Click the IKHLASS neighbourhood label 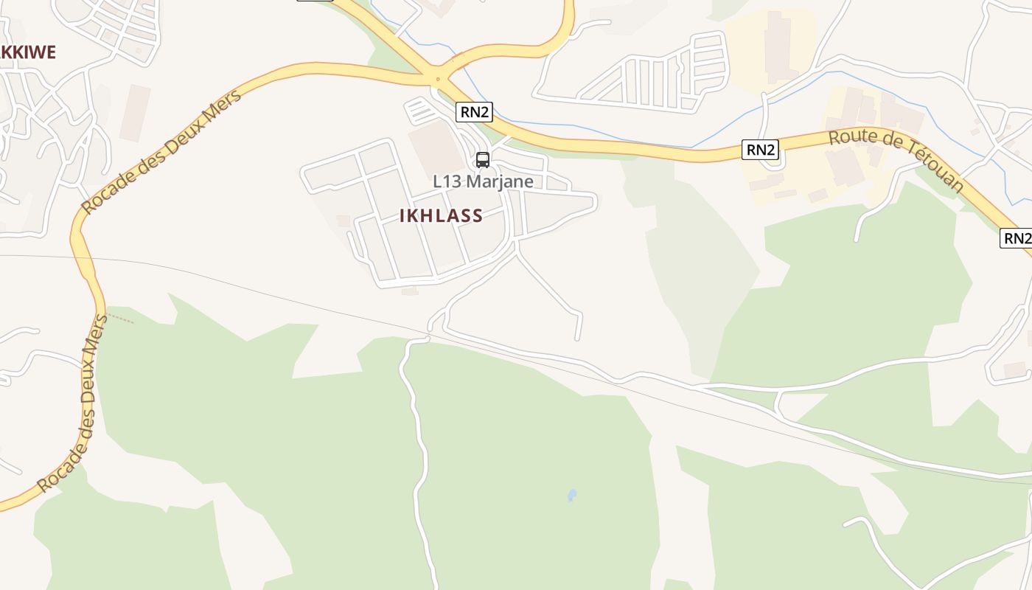pyautogui.click(x=441, y=216)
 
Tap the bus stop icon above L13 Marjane pyautogui.click(x=483, y=159)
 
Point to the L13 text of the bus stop pyautogui.click(x=447, y=181)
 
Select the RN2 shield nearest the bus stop pyautogui.click(x=474, y=112)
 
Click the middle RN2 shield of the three pyautogui.click(x=760, y=150)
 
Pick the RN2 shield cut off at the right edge pyautogui.click(x=1016, y=238)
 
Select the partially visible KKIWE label pyautogui.click(x=28, y=52)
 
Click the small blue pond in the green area pyautogui.click(x=572, y=495)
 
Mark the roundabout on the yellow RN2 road pyautogui.click(x=438, y=78)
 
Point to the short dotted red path pyautogui.click(x=121, y=319)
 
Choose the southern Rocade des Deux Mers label pyautogui.click(x=72, y=404)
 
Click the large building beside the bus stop pyautogui.click(x=438, y=147)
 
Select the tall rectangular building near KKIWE pyautogui.click(x=134, y=113)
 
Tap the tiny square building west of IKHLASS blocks pyautogui.click(x=343, y=221)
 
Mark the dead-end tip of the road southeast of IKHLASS pyautogui.click(x=577, y=339)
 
